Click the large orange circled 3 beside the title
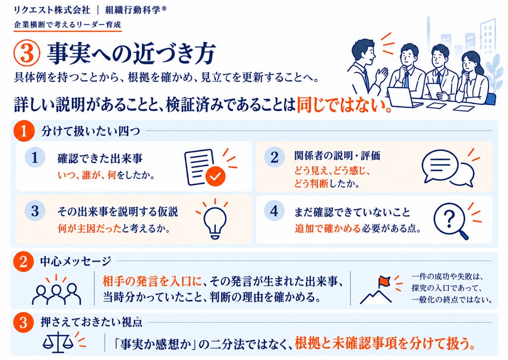coord(27,54)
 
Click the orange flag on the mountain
coord(384,281)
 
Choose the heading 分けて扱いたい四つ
coord(90,131)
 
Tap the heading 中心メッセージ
coord(76,261)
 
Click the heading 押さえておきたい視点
coord(91,322)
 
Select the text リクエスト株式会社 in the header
coord(52,10)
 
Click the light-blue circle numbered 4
coord(274,211)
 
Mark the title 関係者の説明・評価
coord(337,156)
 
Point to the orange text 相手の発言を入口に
coord(152,282)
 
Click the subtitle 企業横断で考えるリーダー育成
coord(67,25)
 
